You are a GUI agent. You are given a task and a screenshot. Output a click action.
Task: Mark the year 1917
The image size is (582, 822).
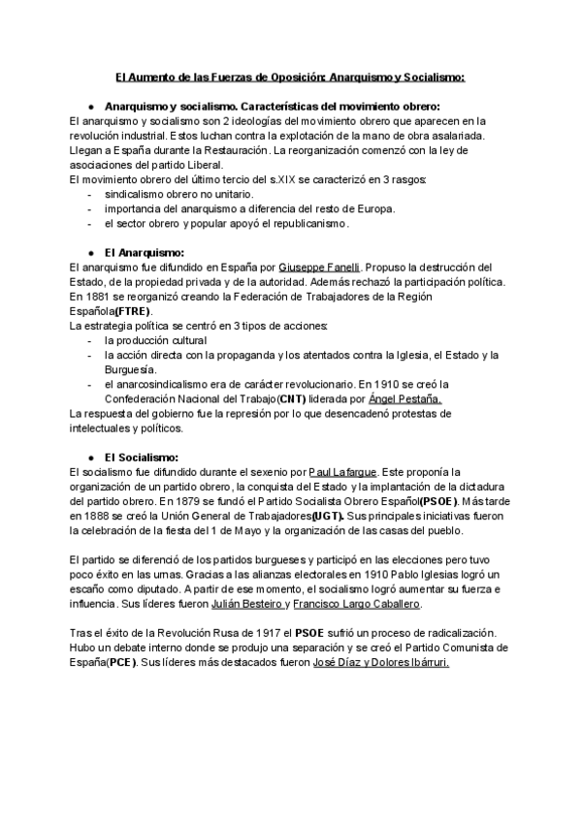pyautogui.click(x=264, y=633)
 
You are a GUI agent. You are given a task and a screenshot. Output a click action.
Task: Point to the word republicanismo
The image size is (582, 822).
pyautogui.click(x=300, y=223)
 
